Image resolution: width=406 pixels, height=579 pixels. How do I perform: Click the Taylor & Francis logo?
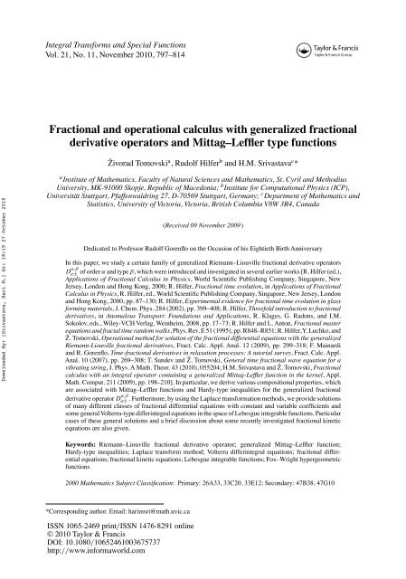click(345, 48)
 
